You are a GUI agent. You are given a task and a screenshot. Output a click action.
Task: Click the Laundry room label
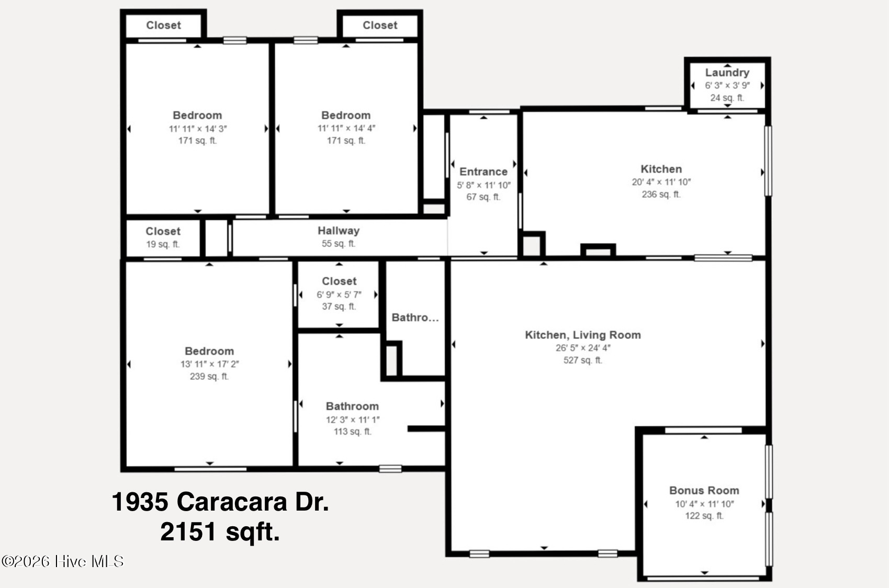point(727,73)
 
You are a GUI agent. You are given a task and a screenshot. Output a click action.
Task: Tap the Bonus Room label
point(704,490)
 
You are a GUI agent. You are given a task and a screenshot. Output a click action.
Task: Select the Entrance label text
point(483,172)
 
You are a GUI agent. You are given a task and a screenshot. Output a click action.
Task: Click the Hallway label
point(339,231)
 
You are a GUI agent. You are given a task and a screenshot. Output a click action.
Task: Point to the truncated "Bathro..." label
point(415,318)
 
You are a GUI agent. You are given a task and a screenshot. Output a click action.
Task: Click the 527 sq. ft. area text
point(582,360)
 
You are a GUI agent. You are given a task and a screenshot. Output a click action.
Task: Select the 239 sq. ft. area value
point(209,376)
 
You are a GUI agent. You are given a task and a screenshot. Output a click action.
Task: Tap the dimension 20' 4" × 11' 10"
point(661,182)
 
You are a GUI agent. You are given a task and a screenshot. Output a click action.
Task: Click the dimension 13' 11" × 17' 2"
point(209,364)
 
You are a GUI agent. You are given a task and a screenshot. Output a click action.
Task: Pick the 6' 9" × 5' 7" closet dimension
point(339,295)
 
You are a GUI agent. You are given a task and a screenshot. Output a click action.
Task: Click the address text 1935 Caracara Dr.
point(220,502)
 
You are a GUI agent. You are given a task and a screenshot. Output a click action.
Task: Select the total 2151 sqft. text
point(220,532)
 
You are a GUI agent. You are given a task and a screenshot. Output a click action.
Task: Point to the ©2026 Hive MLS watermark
point(63,561)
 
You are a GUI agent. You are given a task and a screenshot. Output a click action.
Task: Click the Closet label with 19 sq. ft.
point(163,231)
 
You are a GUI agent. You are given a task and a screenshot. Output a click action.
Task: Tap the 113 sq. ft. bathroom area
point(353,431)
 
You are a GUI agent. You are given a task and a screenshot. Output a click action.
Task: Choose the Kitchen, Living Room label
point(582,335)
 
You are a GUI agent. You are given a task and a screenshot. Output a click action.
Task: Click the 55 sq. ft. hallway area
point(339,243)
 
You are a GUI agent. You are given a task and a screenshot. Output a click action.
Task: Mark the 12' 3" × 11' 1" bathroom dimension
point(353,420)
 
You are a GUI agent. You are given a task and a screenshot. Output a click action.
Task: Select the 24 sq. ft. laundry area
point(727,98)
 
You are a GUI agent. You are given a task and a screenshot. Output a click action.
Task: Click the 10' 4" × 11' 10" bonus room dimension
point(704,504)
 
